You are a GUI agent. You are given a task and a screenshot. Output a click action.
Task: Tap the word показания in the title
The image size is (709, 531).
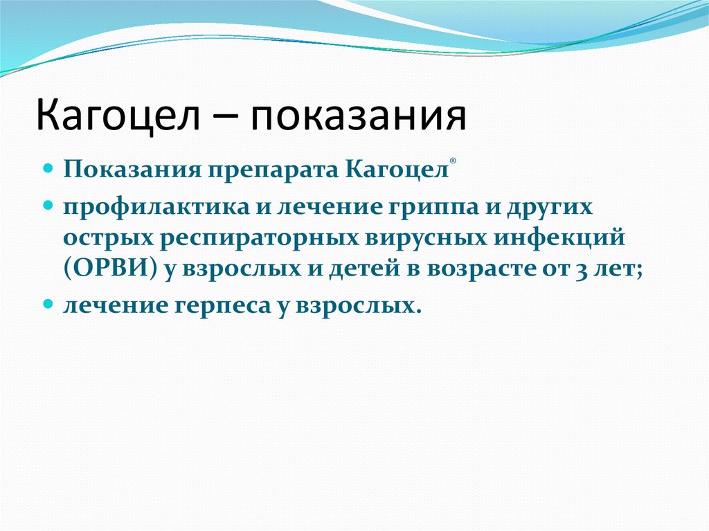tap(358, 116)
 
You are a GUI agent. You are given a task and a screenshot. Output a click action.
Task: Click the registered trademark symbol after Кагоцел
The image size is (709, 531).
tap(453, 161)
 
